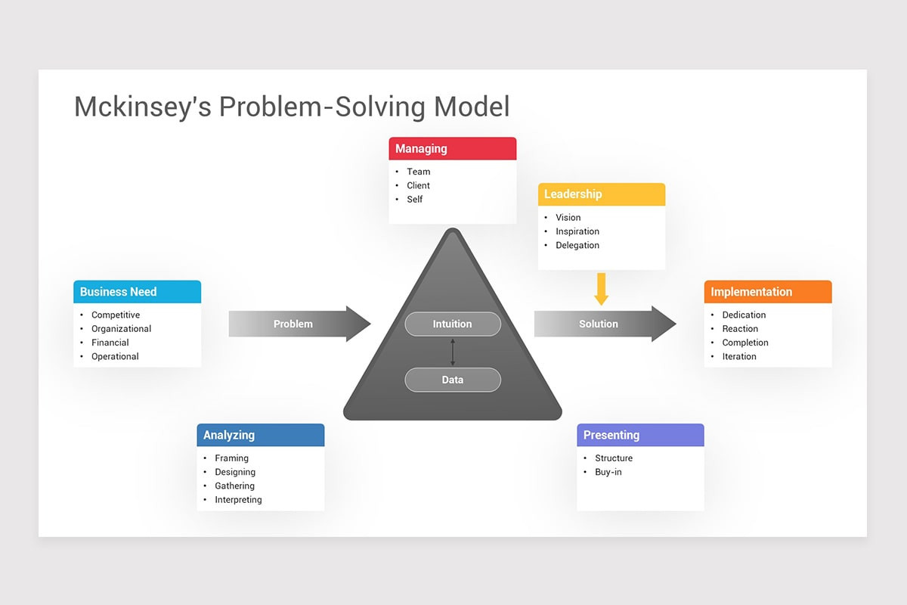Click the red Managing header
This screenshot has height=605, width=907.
452,149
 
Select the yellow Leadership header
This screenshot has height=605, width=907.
602,194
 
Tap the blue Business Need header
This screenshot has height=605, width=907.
137,292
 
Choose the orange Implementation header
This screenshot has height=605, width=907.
767,292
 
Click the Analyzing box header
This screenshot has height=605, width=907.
260,435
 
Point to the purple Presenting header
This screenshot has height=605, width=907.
640,435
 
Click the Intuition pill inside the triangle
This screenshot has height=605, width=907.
452,324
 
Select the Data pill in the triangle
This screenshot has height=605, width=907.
452,380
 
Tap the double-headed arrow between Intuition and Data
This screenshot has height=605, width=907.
453,352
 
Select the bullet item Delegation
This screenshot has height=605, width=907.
577,245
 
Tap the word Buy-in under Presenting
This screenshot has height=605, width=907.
608,472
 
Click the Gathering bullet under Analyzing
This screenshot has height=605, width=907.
234,486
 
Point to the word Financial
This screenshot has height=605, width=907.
110,343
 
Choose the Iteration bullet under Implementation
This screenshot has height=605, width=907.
739,356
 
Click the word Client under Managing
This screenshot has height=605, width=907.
418,185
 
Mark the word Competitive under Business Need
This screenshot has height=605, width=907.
116,315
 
